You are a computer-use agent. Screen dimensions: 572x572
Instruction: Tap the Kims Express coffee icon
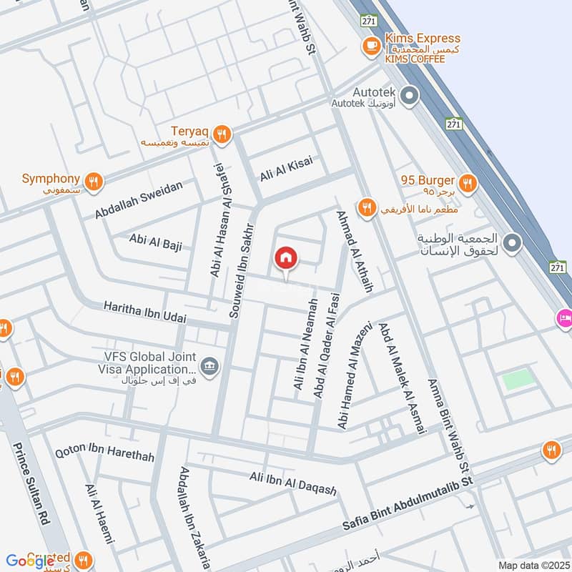pyautogui.click(x=370, y=46)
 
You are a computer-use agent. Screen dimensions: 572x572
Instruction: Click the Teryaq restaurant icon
pyautogui.click(x=222, y=134)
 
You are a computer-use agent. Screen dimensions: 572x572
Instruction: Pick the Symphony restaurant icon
pyautogui.click(x=92, y=182)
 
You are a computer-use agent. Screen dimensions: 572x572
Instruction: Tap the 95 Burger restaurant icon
pyautogui.click(x=468, y=182)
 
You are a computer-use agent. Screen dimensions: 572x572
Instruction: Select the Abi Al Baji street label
pyautogui.click(x=156, y=242)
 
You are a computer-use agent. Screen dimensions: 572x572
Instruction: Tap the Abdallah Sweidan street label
pyautogui.click(x=139, y=199)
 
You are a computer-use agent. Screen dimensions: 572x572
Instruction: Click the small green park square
pyautogui.click(x=518, y=380)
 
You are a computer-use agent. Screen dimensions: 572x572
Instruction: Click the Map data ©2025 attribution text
pyautogui.click(x=532, y=565)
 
